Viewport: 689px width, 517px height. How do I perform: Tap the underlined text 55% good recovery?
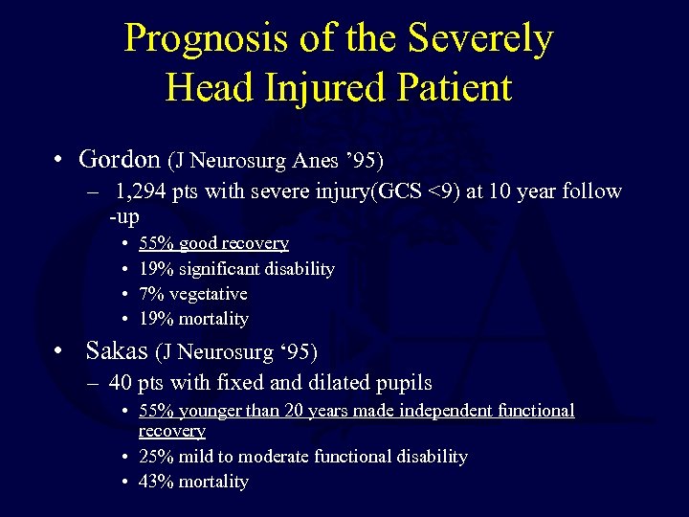click(x=213, y=243)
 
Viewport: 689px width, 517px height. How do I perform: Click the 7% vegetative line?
click(x=192, y=293)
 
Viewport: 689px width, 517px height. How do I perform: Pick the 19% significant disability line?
click(x=236, y=268)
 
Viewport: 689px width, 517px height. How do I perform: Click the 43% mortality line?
click(x=193, y=482)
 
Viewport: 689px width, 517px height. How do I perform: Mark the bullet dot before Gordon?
click(x=59, y=158)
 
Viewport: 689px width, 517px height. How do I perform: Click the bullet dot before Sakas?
click(x=59, y=351)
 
